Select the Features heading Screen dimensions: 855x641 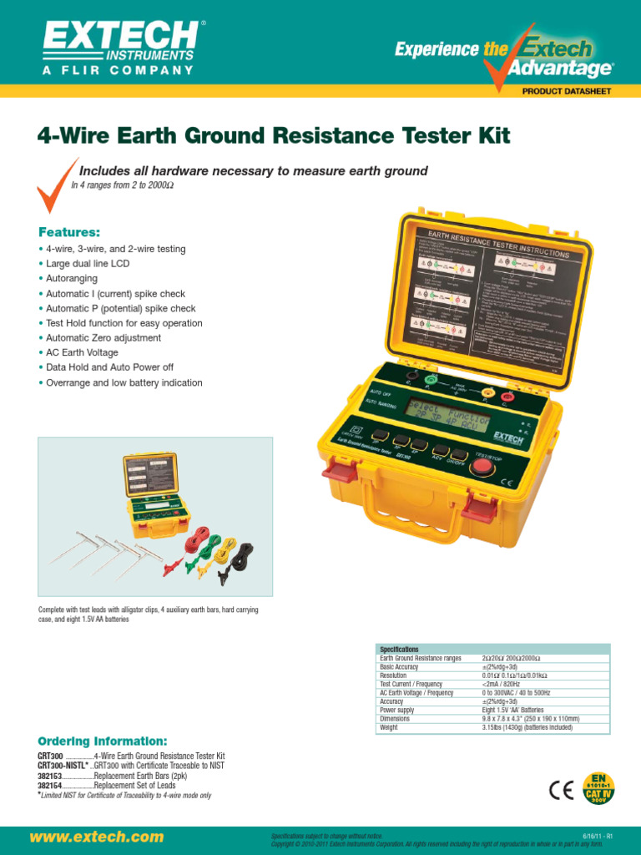pos(69,208)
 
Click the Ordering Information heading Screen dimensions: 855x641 pos(103,741)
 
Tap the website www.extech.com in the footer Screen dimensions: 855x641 pos(97,836)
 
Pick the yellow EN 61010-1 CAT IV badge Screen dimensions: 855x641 pos(597,787)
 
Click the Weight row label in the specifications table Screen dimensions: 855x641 pos(390,727)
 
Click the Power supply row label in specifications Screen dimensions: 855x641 pos(398,710)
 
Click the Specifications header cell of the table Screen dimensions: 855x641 pos(399,649)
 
